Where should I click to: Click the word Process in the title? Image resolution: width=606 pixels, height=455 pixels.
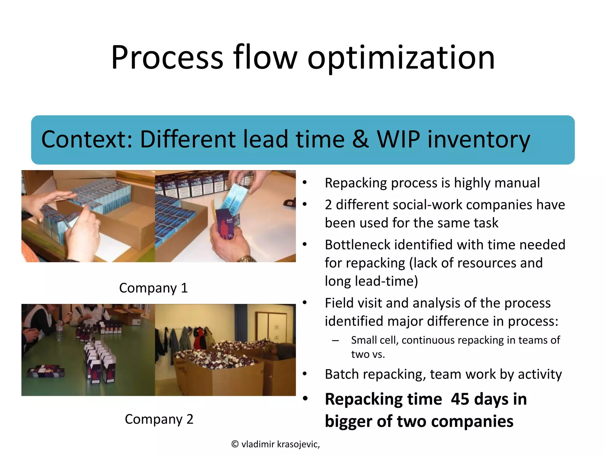click(x=167, y=58)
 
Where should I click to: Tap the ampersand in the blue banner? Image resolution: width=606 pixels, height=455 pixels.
click(x=360, y=139)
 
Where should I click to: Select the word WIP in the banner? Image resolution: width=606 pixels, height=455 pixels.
click(x=398, y=139)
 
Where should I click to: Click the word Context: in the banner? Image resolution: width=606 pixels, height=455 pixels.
click(x=87, y=139)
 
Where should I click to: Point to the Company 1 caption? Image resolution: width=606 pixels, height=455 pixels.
click(x=153, y=288)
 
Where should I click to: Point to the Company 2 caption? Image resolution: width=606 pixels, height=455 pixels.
click(x=159, y=419)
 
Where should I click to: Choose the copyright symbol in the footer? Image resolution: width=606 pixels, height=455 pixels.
click(x=235, y=444)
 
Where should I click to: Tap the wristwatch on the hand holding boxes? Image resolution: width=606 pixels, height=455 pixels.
click(x=246, y=259)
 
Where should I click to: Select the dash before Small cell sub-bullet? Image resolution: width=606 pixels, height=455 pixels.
click(x=335, y=341)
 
